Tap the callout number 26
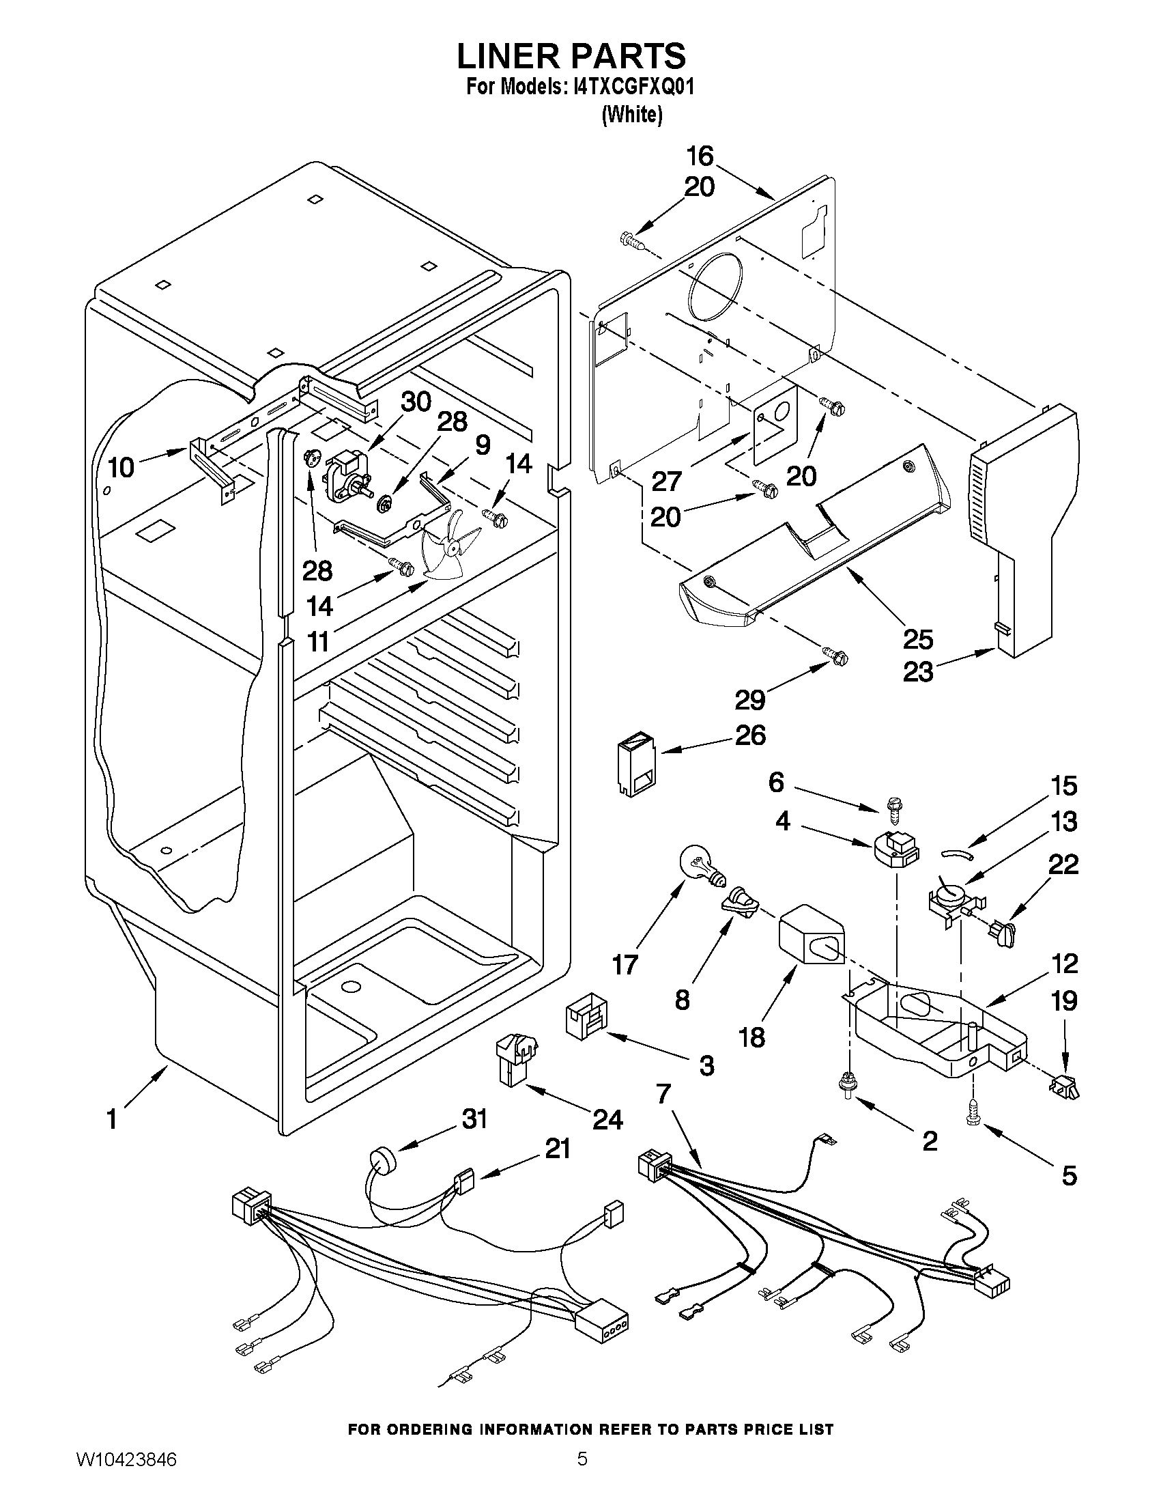750,735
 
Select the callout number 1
112,1119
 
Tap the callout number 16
700,156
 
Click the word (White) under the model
631,114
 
